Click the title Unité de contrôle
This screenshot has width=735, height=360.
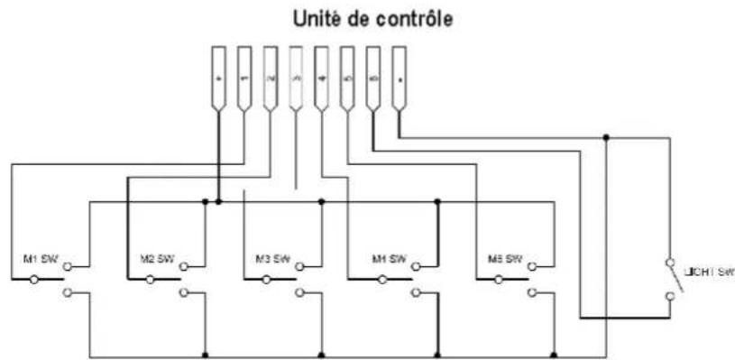tap(367, 19)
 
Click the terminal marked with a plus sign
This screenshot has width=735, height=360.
tap(218, 79)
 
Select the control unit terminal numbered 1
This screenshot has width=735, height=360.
tap(243, 79)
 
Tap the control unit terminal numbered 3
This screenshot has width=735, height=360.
tap(295, 79)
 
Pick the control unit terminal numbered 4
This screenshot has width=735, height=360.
tap(321, 79)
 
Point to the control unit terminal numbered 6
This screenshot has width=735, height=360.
tap(373, 79)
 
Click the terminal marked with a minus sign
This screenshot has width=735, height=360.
tap(399, 79)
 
